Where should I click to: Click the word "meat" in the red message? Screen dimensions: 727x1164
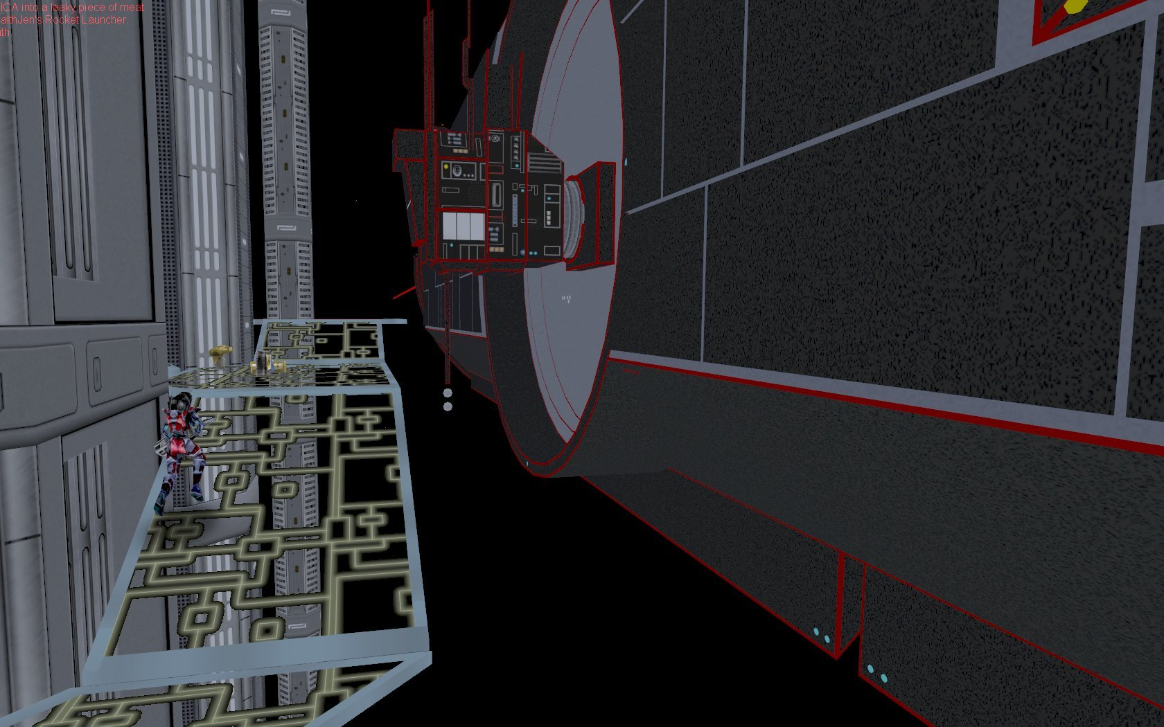(x=132, y=8)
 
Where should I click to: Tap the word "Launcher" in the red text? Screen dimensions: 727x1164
(x=106, y=19)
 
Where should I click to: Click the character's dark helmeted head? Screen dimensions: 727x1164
(x=182, y=402)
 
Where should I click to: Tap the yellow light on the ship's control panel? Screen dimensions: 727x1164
(x=446, y=167)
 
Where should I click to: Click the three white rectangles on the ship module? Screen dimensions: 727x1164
(x=463, y=226)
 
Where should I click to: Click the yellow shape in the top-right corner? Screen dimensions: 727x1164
(x=1075, y=6)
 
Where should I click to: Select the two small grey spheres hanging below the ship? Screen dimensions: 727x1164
(x=448, y=400)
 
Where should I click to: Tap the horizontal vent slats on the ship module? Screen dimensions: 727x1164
(x=543, y=163)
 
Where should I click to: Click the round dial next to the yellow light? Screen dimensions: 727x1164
(x=457, y=170)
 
